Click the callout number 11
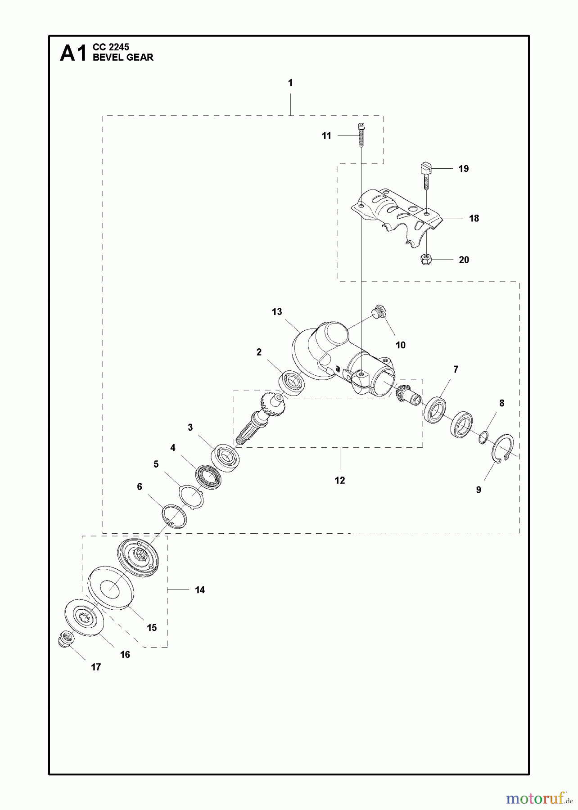pyautogui.click(x=326, y=135)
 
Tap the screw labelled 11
pyautogui.click(x=361, y=135)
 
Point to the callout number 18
pyautogui.click(x=474, y=218)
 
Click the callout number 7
pyautogui.click(x=456, y=369)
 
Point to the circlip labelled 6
pyautogui.click(x=175, y=517)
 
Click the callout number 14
pyautogui.click(x=200, y=590)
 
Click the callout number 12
pyautogui.click(x=340, y=481)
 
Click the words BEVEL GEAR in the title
pyautogui.click(x=123, y=58)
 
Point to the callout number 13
pyautogui.click(x=277, y=311)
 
